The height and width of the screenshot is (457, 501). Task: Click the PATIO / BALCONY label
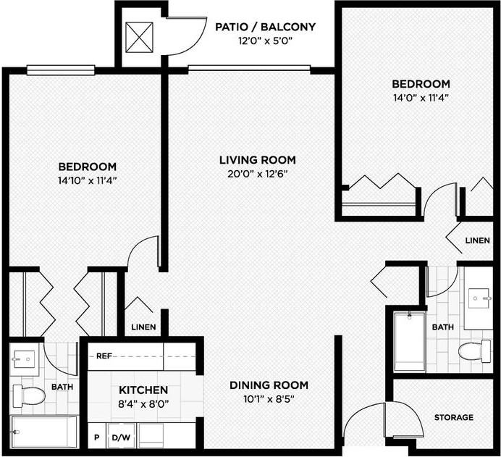(266, 28)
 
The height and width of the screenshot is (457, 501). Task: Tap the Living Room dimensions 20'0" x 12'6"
(258, 174)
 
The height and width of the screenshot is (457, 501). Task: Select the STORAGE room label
(453, 417)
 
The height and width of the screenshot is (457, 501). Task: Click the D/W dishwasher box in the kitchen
(120, 437)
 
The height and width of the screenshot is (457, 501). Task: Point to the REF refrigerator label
(104, 356)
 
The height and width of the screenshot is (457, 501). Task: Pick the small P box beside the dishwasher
(96, 437)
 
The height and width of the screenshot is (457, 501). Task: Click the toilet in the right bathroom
(474, 352)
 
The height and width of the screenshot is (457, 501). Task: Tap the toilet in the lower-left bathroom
(29, 396)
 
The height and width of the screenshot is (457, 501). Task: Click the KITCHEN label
(145, 390)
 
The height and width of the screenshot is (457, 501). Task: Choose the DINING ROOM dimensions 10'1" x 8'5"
(269, 398)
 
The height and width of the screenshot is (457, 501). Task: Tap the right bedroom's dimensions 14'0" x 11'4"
(421, 97)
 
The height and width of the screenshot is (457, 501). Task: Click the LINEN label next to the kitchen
(143, 327)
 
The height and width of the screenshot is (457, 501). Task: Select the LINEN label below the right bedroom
(477, 240)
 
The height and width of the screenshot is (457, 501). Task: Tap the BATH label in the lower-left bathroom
(62, 387)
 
